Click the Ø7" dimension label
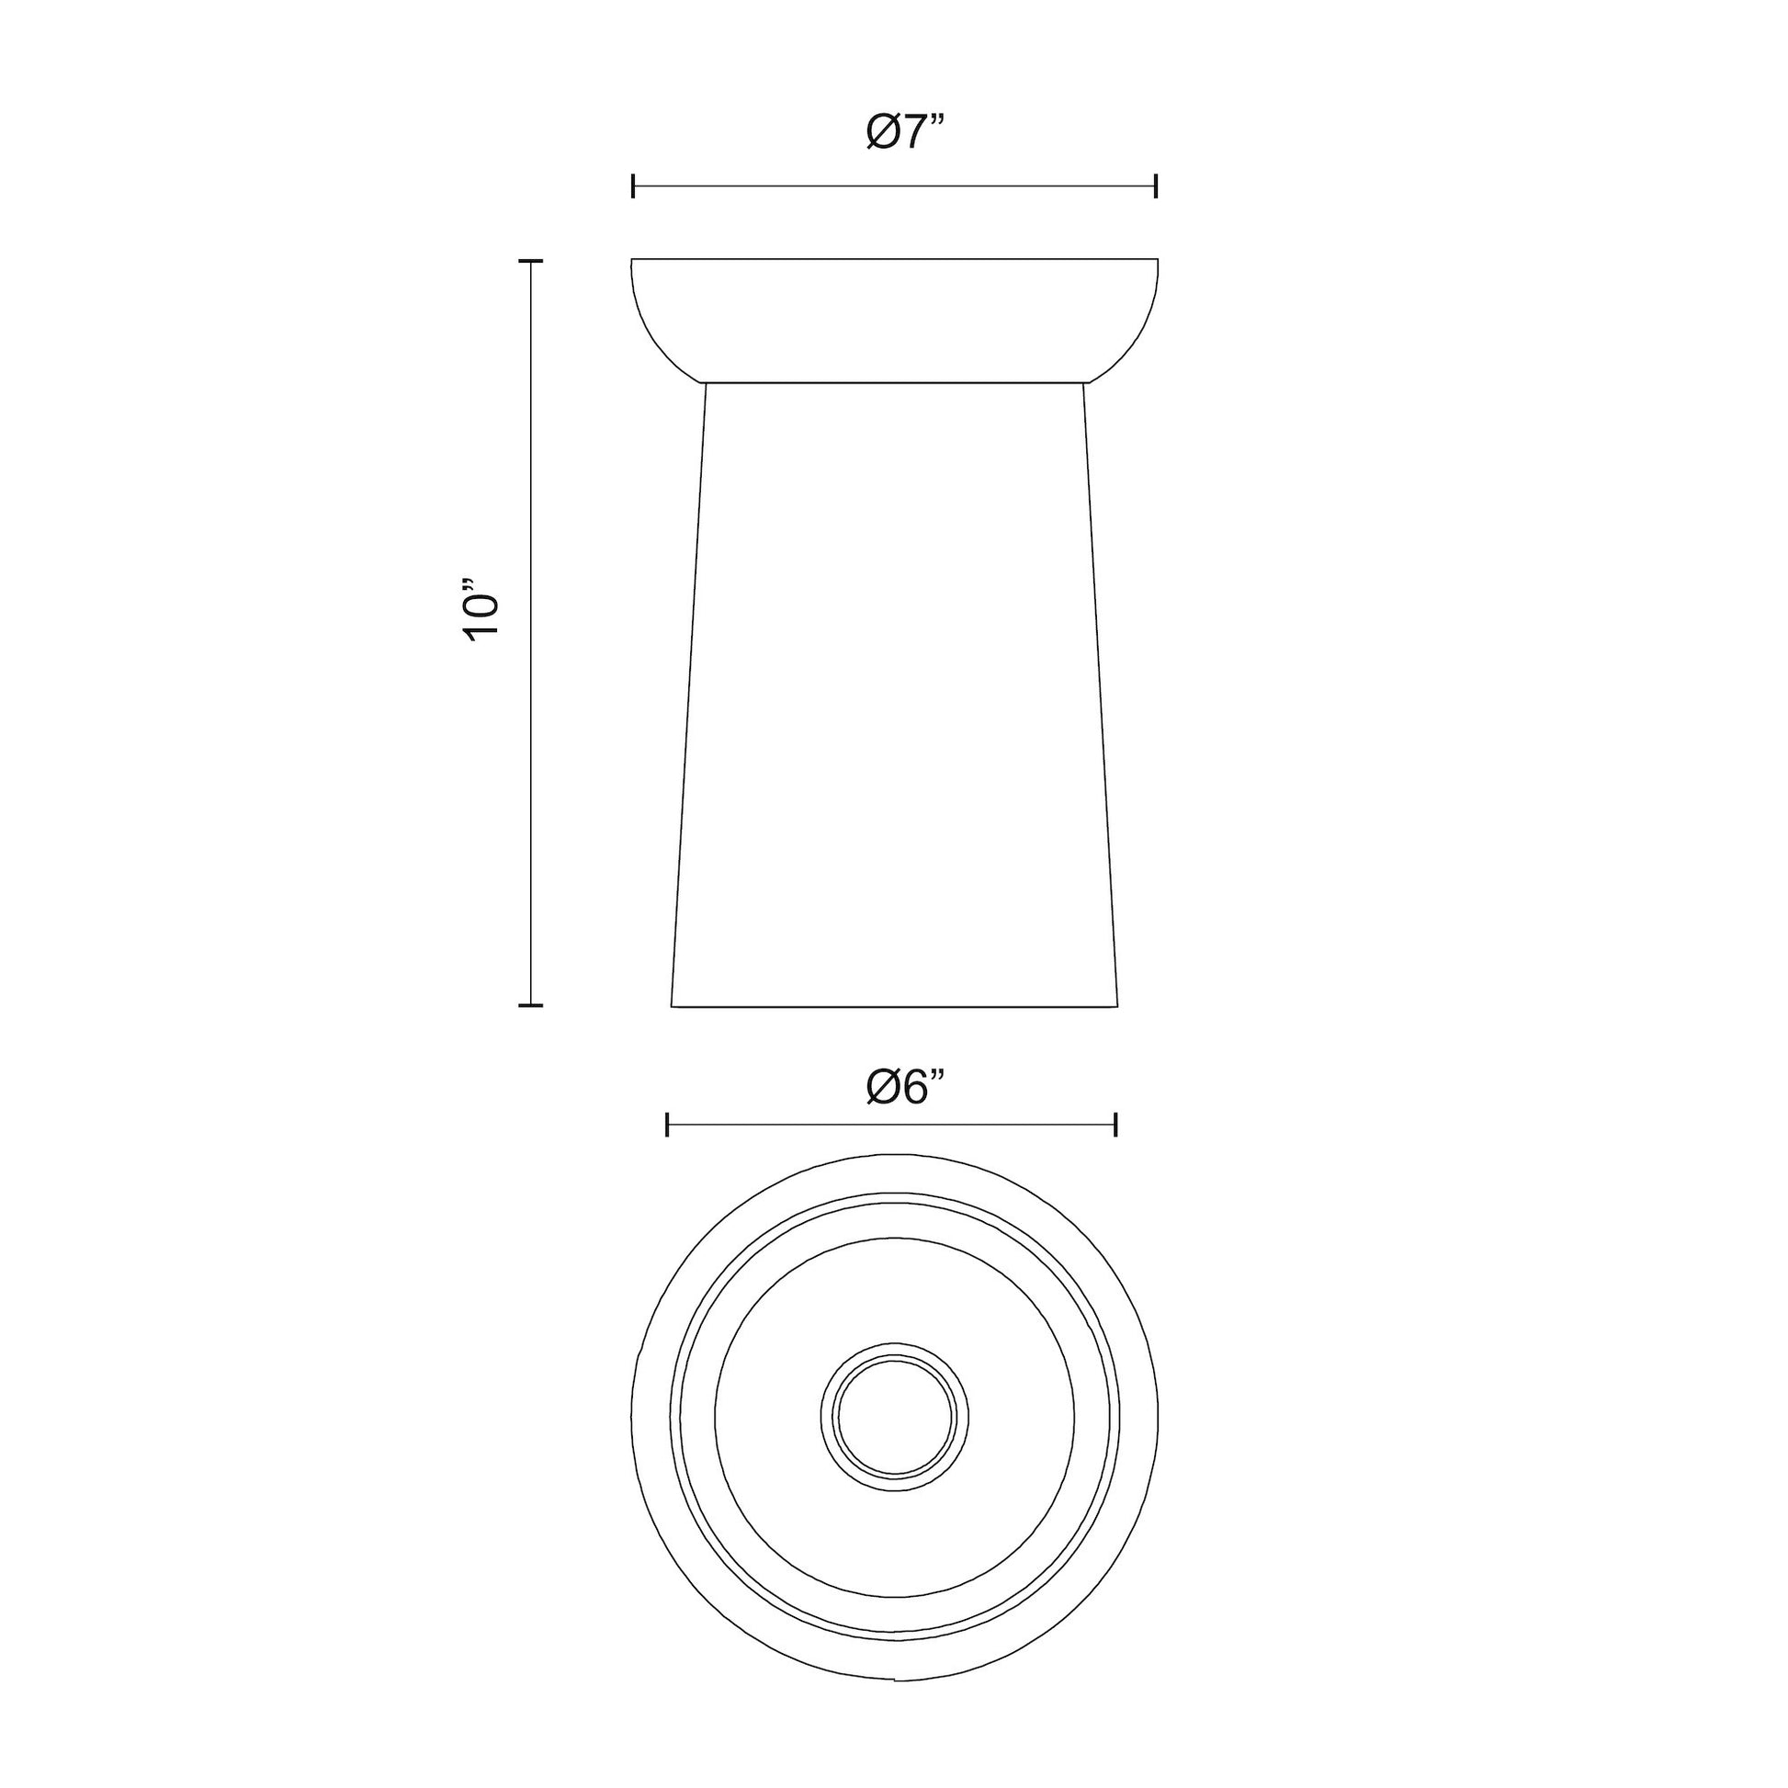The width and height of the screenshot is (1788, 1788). [x=906, y=133]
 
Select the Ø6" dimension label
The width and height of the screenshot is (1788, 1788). [x=906, y=1087]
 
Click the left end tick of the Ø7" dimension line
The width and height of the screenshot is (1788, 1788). [x=633, y=186]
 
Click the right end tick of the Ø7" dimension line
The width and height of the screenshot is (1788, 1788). [x=1156, y=186]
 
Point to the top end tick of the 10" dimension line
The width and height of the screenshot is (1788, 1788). [x=530, y=262]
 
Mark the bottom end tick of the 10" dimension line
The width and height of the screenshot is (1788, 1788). [x=530, y=1004]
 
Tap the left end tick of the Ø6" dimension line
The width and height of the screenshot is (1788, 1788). [x=667, y=1125]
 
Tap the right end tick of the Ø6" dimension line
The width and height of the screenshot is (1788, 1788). [x=1116, y=1125]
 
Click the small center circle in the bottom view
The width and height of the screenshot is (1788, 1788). [x=894, y=1417]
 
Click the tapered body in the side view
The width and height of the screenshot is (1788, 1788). [x=894, y=694]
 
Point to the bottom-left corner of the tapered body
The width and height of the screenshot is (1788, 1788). [x=672, y=1006]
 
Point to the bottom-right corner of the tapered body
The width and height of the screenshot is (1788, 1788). [x=1117, y=1006]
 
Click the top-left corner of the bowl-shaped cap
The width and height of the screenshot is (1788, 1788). [x=632, y=259]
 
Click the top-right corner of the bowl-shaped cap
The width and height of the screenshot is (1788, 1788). [x=1158, y=259]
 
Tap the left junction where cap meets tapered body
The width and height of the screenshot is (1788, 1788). [x=706, y=382]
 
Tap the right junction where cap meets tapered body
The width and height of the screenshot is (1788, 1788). [x=1083, y=382]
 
